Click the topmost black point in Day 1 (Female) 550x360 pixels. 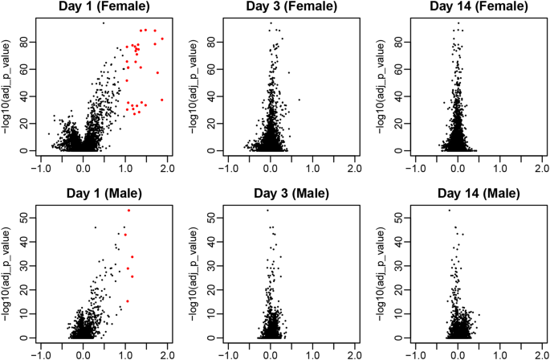coord(104,22)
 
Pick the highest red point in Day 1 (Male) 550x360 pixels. coord(128,210)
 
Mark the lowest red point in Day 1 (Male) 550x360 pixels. coord(127,301)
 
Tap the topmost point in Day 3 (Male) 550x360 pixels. coord(267,210)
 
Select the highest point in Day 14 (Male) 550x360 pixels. coord(449,210)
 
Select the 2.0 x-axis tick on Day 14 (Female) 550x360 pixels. coord(540,170)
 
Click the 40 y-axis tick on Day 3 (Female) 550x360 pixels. coord(210,96)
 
